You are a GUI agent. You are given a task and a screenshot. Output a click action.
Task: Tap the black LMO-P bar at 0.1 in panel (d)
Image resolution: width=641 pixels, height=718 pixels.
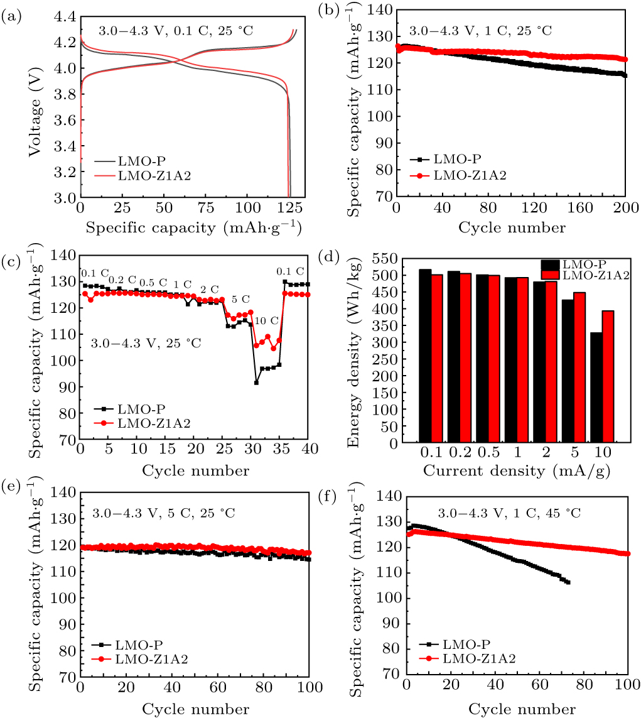click(425, 356)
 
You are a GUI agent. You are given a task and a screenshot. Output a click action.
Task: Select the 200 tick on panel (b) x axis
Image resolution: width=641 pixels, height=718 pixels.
click(626, 209)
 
